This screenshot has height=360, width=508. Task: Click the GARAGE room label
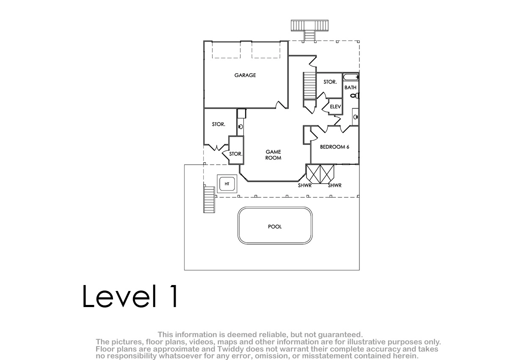click(245, 75)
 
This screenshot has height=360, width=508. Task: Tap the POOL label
click(275, 227)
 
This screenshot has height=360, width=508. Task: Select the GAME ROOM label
click(273, 155)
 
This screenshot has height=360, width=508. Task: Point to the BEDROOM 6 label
click(334, 147)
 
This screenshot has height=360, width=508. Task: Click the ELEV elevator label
click(335, 106)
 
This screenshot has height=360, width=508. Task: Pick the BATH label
click(351, 87)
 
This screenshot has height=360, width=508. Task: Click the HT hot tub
click(227, 184)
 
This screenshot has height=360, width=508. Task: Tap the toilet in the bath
click(355, 95)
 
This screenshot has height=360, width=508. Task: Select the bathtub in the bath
click(351, 77)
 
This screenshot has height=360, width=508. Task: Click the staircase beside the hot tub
click(209, 199)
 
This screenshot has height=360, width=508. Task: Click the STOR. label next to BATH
click(330, 82)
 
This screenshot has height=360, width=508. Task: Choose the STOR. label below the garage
click(218, 125)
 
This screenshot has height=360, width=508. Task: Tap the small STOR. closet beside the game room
click(236, 154)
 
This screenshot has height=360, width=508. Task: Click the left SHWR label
click(304, 186)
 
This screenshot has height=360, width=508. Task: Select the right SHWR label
click(334, 186)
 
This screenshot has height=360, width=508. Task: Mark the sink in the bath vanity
click(355, 117)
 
